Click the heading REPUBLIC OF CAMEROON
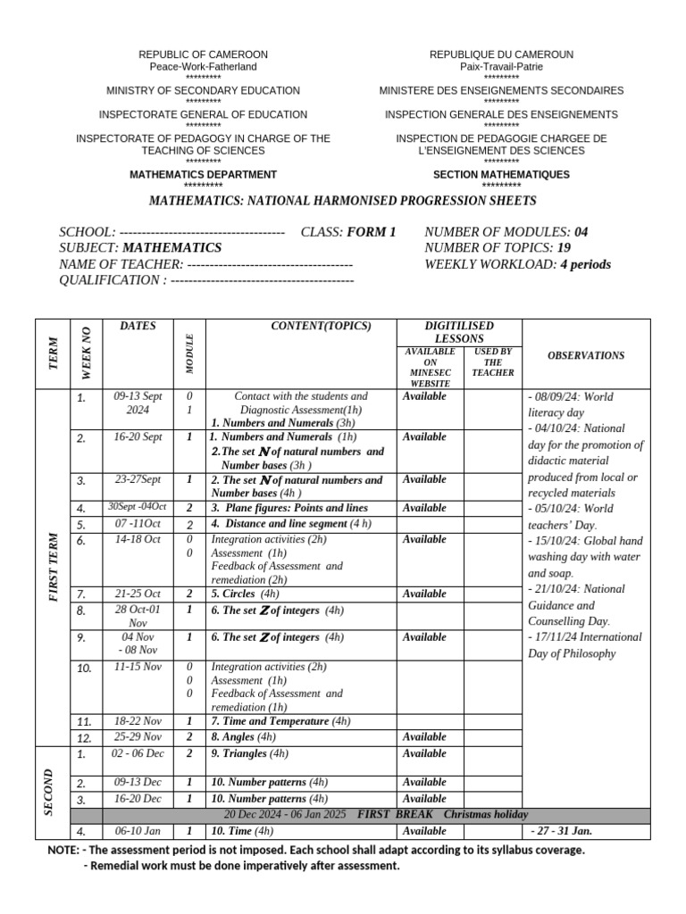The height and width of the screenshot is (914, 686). tap(203, 54)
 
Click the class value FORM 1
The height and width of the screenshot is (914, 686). tap(371, 232)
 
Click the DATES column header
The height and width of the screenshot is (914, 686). tap(138, 327)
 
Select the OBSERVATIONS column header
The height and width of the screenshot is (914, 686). tap(586, 355)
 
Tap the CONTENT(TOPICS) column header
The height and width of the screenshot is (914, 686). tap(320, 327)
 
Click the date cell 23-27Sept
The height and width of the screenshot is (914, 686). tap(138, 479)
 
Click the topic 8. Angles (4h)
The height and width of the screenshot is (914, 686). tap(243, 737)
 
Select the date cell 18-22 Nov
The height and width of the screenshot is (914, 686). tap(138, 721)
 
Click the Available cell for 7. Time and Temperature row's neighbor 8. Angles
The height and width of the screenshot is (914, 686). tap(424, 737)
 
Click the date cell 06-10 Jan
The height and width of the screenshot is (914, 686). tap(138, 831)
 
